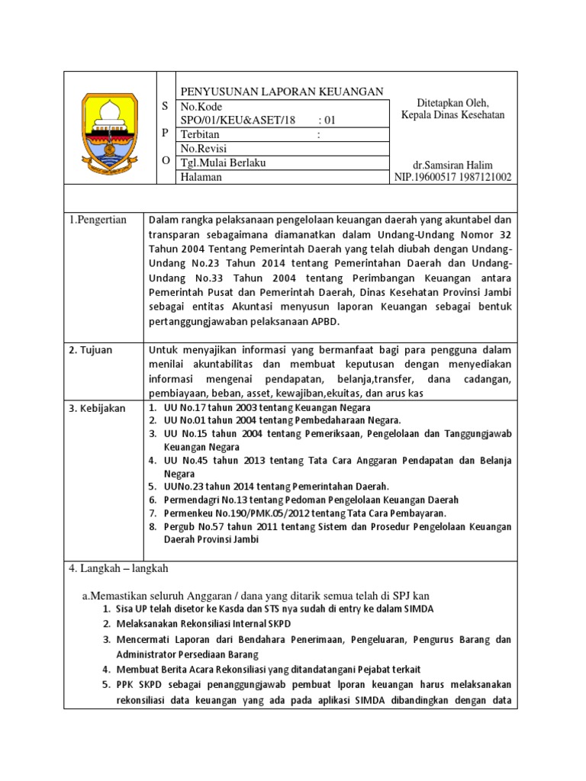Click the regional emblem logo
tap(110, 128)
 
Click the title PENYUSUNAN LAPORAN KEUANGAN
tap(282, 92)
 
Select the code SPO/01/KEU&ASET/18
tap(237, 121)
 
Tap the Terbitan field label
tap(201, 134)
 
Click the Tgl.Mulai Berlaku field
tap(223, 162)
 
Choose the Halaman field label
tap(201, 177)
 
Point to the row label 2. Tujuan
tap(91, 350)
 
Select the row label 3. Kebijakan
tap(97, 409)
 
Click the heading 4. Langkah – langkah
tap(119, 568)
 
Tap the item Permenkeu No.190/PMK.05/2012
tap(306, 513)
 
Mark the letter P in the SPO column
tap(166, 133)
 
